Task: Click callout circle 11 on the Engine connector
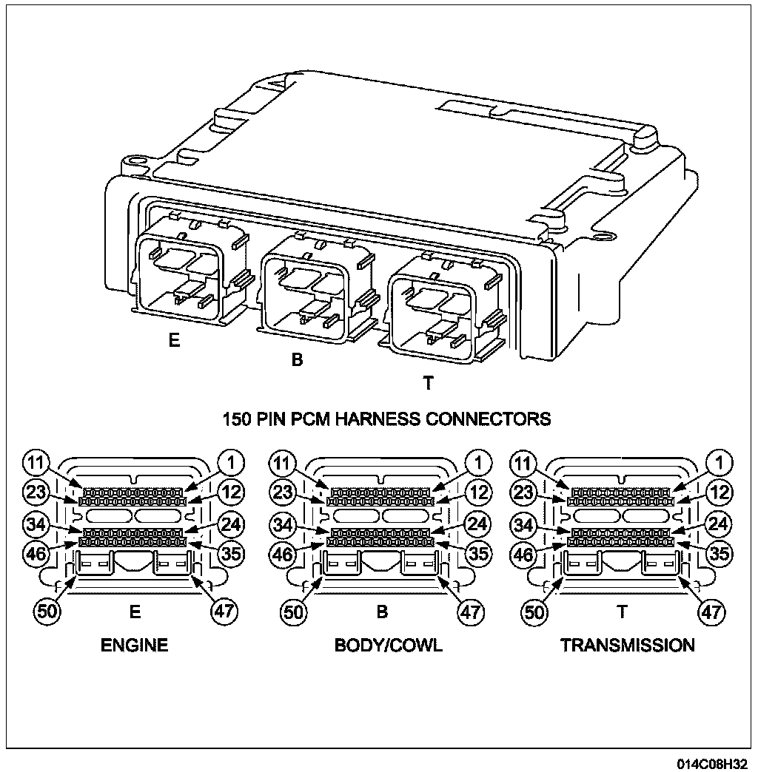pyautogui.click(x=35, y=464)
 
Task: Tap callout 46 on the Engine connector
pyautogui.click(x=35, y=552)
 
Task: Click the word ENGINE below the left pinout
pyautogui.click(x=135, y=645)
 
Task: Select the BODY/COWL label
pyautogui.click(x=389, y=645)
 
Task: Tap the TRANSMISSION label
pyautogui.click(x=628, y=645)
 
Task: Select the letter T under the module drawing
pyautogui.click(x=428, y=383)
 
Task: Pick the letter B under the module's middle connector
pyautogui.click(x=297, y=361)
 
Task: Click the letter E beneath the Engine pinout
pyautogui.click(x=135, y=612)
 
